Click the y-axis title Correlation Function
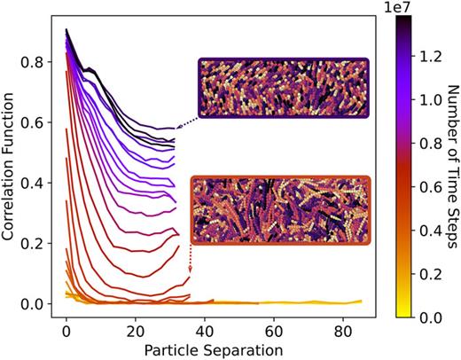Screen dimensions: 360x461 (x=12, y=168)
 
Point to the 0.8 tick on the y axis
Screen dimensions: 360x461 (x=38, y=62)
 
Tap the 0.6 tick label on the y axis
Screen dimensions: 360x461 (x=38, y=122)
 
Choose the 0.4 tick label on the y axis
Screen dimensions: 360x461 (x=38, y=183)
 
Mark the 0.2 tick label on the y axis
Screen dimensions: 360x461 (x=38, y=243)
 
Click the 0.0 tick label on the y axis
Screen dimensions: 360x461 (x=38, y=303)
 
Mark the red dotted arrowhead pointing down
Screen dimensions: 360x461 (x=190, y=273)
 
